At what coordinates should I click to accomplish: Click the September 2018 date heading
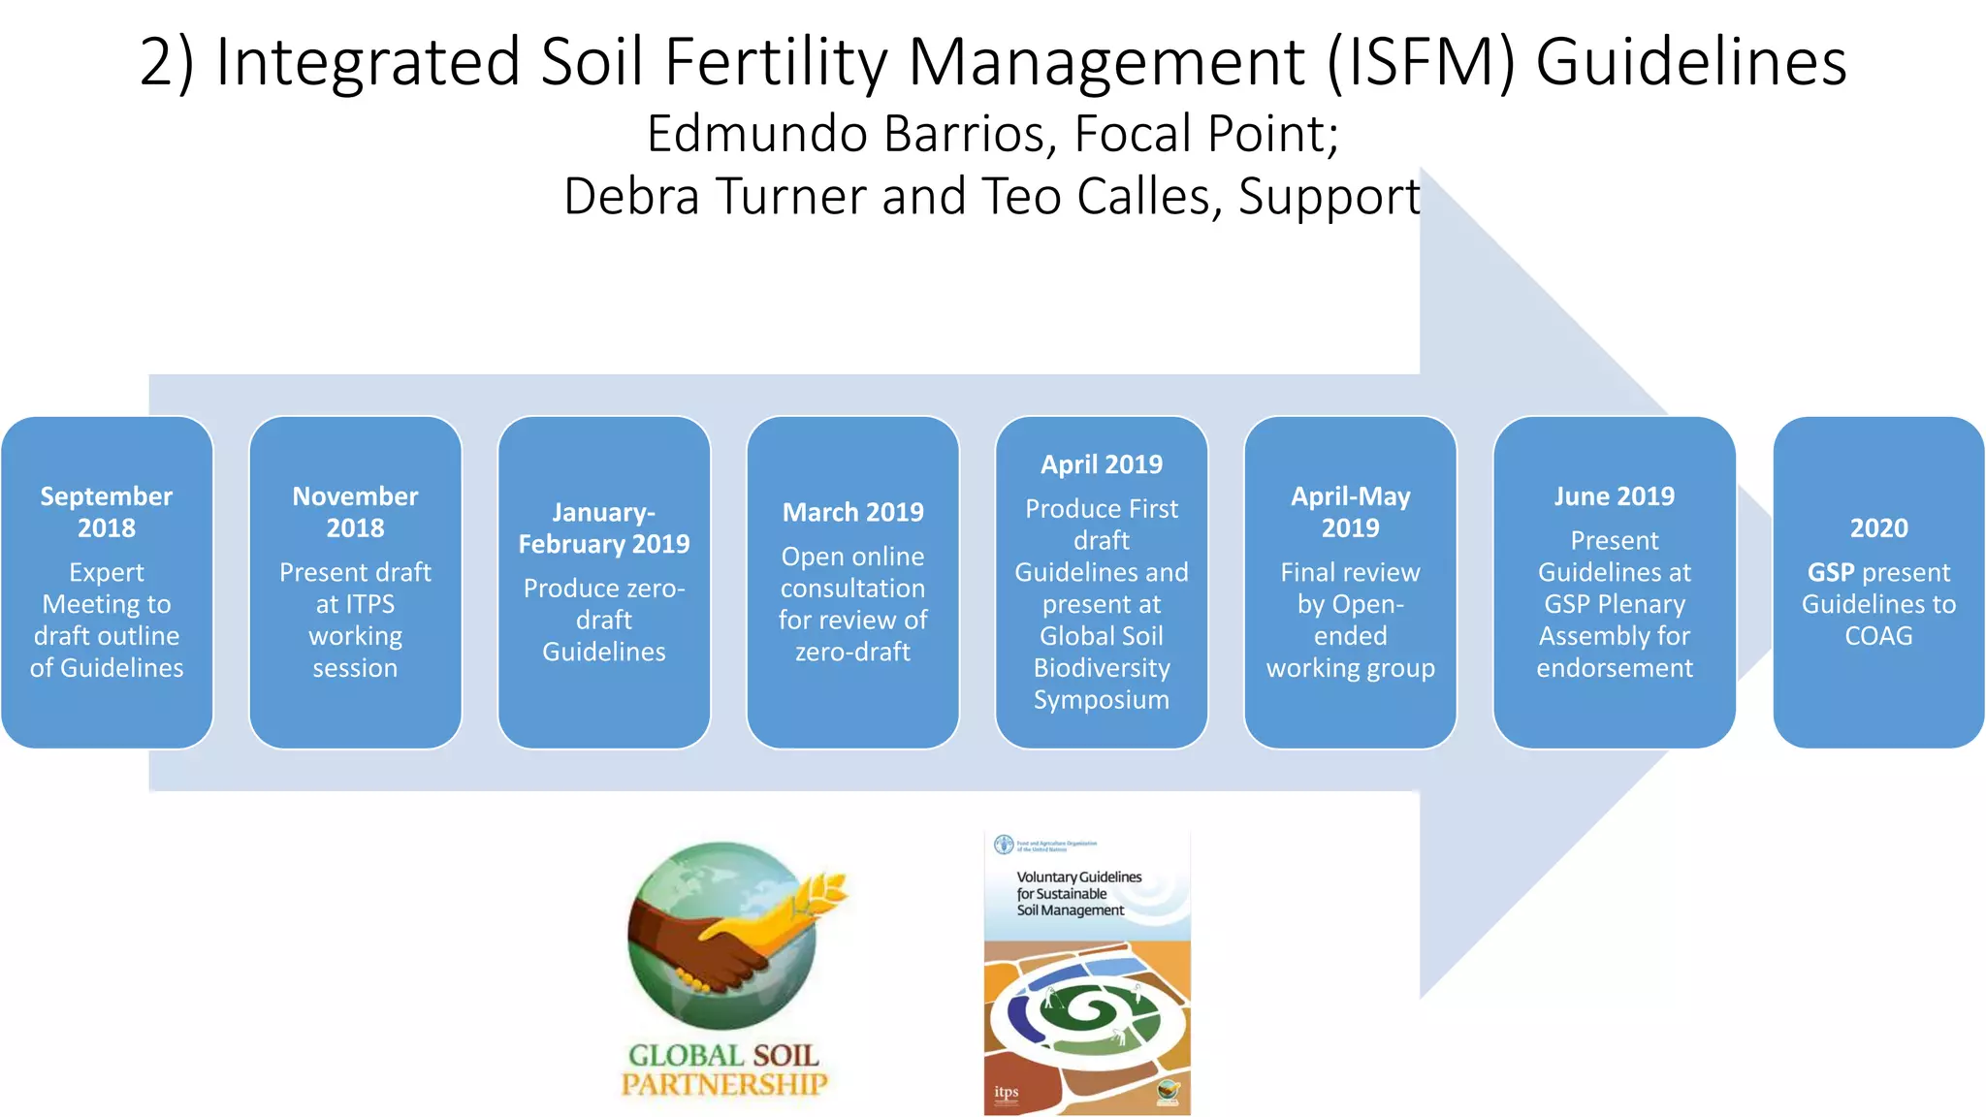pos(107,512)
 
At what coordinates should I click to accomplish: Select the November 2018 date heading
pos(355,512)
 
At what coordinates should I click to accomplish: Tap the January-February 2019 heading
pos(603,528)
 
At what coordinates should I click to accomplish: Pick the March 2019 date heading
pos(853,512)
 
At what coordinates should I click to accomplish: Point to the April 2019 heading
pos(1102,464)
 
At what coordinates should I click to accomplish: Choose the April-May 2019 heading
pos(1350,512)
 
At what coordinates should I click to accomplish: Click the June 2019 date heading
pos(1615,496)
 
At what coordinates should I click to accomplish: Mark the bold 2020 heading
pos(1878,528)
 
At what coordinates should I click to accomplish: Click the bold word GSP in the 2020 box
pos(1831,573)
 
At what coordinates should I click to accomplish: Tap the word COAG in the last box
pos(1878,637)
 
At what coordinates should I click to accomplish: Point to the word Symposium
pos(1102,700)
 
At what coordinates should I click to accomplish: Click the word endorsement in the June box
pos(1615,668)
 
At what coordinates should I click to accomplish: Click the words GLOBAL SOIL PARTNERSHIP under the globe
pos(724,1069)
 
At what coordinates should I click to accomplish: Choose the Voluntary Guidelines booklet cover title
pos(1078,893)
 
